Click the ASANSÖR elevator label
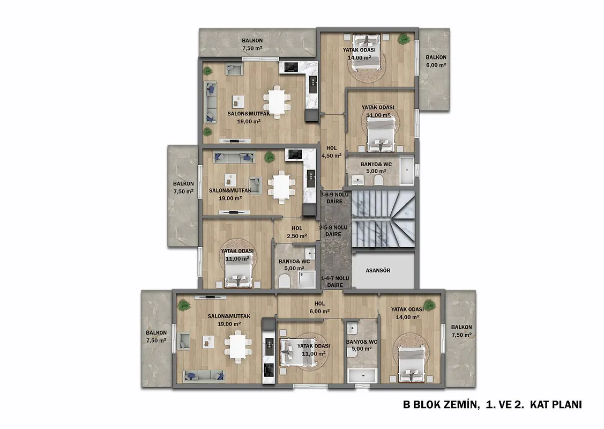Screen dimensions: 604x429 click(x=377, y=271)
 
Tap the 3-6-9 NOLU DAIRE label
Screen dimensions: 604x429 click(x=334, y=198)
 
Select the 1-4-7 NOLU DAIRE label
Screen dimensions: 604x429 click(x=335, y=282)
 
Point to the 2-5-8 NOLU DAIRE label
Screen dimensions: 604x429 click(x=333, y=231)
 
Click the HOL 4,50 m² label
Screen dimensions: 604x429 click(x=331, y=152)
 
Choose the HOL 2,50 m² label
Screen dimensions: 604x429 click(x=296, y=232)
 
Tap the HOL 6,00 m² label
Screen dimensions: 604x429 click(x=319, y=308)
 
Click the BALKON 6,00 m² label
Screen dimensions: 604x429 click(x=436, y=61)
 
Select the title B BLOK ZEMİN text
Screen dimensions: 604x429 click(x=441, y=405)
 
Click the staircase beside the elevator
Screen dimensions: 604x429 click(x=384, y=219)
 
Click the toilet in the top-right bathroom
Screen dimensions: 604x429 click(x=378, y=180)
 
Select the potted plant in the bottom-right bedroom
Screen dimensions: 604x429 click(x=429, y=306)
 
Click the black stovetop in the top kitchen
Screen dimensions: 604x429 click(x=291, y=68)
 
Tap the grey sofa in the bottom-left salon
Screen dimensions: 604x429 click(x=204, y=375)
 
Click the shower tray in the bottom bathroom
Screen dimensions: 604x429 click(x=362, y=375)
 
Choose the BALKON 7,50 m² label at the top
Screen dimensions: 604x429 click(x=252, y=45)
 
